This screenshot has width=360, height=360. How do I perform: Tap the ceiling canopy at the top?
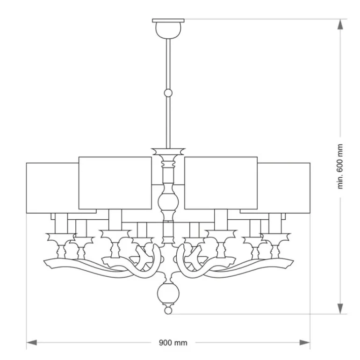point(168,21)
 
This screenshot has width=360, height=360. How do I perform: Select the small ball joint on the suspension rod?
point(168,93)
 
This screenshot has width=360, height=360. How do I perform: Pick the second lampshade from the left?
point(115,183)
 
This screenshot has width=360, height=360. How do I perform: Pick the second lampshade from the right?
point(221,183)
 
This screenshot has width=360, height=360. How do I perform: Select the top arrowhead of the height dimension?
point(340,24)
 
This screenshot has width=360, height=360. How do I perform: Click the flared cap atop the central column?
point(168,151)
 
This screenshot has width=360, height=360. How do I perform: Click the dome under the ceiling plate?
point(168,30)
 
